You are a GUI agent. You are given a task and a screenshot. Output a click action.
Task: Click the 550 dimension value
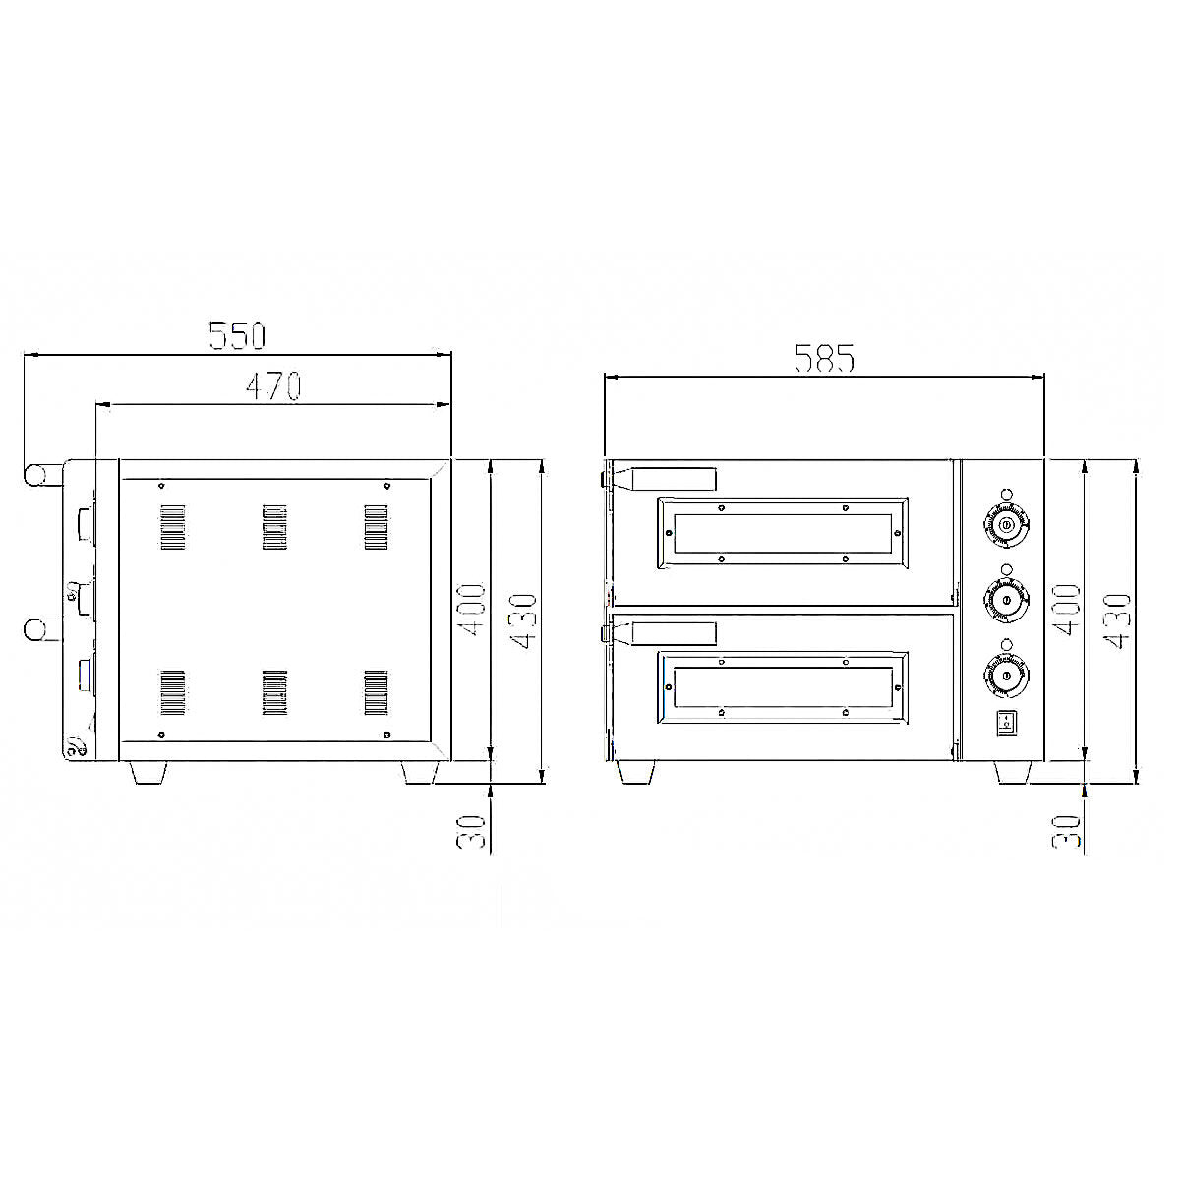tap(237, 336)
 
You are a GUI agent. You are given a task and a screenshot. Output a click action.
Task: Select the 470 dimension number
tap(272, 386)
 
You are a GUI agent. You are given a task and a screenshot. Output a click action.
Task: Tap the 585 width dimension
tap(824, 359)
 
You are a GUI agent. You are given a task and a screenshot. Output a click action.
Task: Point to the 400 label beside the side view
tap(473, 610)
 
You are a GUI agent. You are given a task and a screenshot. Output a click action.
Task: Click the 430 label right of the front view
tap(1118, 620)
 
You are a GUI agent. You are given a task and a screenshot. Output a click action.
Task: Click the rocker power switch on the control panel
tap(1005, 725)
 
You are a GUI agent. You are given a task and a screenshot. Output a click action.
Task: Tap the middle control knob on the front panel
tap(1006, 599)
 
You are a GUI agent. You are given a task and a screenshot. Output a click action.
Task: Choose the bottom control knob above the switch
tap(1006, 678)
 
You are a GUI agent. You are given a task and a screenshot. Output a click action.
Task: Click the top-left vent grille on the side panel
tap(172, 526)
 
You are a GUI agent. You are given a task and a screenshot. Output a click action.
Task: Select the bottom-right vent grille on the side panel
tap(377, 692)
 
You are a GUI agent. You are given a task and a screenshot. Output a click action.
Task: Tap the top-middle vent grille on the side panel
tap(274, 526)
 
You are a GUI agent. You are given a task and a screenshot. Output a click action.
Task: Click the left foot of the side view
tap(148, 773)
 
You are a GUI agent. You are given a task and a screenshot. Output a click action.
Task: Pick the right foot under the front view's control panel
tap(1013, 773)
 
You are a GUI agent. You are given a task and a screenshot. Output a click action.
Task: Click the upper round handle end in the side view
tap(37, 474)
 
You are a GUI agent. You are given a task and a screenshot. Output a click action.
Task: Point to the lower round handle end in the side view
tap(37, 629)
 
